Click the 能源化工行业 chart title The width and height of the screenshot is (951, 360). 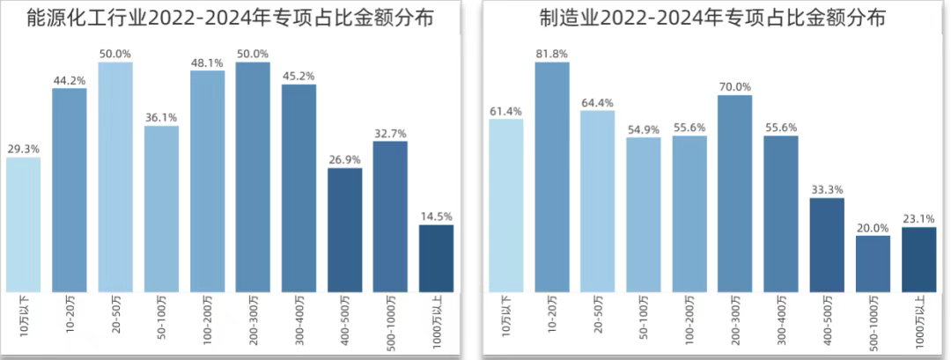[x=232, y=18]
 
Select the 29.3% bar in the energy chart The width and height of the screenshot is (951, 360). [x=23, y=224]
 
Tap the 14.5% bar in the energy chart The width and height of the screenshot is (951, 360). [x=436, y=258]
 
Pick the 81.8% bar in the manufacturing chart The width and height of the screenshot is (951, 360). [x=551, y=176]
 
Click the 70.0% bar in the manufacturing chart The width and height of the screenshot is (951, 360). [x=734, y=193]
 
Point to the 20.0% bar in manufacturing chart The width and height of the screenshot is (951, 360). [x=872, y=263]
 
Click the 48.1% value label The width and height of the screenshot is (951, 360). [x=207, y=63]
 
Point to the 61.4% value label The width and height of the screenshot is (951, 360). [x=505, y=110]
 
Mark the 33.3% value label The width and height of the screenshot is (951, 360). [x=826, y=189]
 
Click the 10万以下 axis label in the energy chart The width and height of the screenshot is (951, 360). [x=23, y=314]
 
